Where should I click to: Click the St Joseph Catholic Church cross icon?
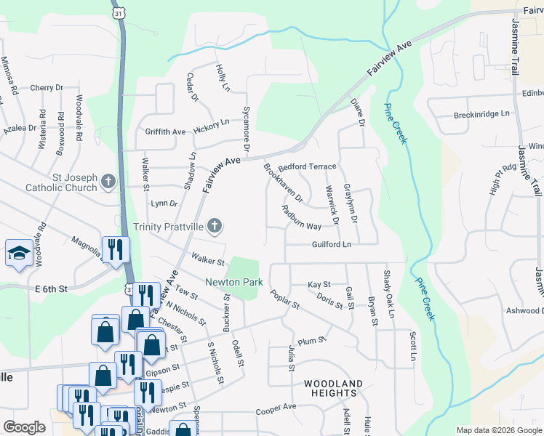click(x=108, y=181)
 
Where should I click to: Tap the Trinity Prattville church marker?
click(x=214, y=227)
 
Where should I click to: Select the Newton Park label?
click(x=233, y=282)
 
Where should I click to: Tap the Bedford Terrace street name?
click(x=308, y=166)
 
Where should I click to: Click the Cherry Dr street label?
click(x=47, y=88)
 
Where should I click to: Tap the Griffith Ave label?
click(x=165, y=132)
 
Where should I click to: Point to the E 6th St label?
click(x=51, y=288)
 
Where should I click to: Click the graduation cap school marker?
click(x=17, y=253)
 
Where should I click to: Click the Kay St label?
click(x=319, y=284)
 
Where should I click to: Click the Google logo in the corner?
click(x=24, y=427)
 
